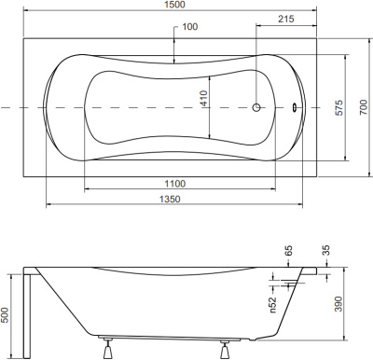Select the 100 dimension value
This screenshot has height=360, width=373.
pos(190,27)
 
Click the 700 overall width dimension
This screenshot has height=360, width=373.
pos(357,108)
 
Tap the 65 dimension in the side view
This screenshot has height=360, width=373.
pos(288,251)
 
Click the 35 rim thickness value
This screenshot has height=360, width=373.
pos(325,251)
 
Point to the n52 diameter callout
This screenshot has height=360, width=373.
pos(272,301)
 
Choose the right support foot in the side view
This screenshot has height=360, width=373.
pos(225,351)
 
